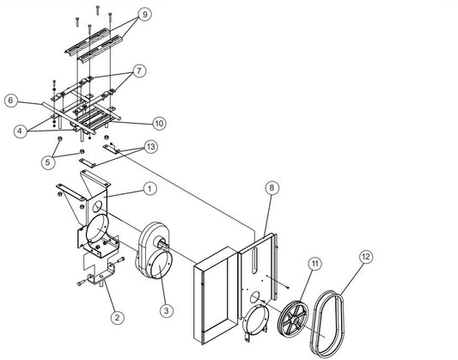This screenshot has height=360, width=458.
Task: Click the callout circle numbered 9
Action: point(145,15)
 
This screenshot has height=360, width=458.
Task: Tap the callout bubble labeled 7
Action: point(139,70)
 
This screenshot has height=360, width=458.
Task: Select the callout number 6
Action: point(11,101)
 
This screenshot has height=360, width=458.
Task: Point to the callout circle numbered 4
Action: point(20,131)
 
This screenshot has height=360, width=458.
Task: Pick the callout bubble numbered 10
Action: point(159,124)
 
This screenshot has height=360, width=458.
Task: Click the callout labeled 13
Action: point(150,147)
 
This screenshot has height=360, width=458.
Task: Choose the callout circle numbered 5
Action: point(48,162)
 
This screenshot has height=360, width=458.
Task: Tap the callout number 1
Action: point(150,189)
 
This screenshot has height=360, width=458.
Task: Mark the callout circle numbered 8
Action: point(272,188)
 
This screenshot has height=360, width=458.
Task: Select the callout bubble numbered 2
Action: point(117,317)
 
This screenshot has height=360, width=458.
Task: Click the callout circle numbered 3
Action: point(167,310)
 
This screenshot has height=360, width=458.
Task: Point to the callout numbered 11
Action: point(314,264)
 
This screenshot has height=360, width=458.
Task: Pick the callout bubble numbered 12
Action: point(366,257)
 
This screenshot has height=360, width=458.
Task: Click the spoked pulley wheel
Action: point(294,319)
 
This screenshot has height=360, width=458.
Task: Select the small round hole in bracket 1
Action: point(97,206)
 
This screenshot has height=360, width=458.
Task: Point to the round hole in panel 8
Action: point(254,296)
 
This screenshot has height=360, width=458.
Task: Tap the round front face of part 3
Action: point(160,265)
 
